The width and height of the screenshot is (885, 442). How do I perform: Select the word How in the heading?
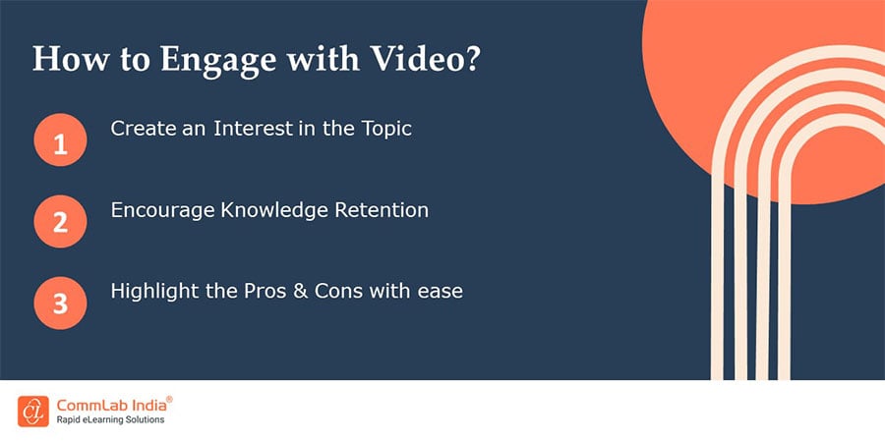(x=70, y=59)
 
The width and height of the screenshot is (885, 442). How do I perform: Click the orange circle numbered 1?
(x=60, y=139)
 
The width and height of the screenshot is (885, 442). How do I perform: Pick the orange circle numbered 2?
(x=60, y=222)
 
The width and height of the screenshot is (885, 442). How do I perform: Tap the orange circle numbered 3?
(x=60, y=304)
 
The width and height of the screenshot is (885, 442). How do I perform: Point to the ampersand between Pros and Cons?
(x=300, y=292)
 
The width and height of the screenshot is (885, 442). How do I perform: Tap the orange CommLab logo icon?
(x=33, y=411)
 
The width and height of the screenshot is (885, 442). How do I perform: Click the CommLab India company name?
(x=111, y=405)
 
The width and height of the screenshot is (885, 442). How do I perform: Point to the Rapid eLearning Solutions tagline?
(x=110, y=420)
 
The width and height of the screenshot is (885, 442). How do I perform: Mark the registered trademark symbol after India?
(x=170, y=399)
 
